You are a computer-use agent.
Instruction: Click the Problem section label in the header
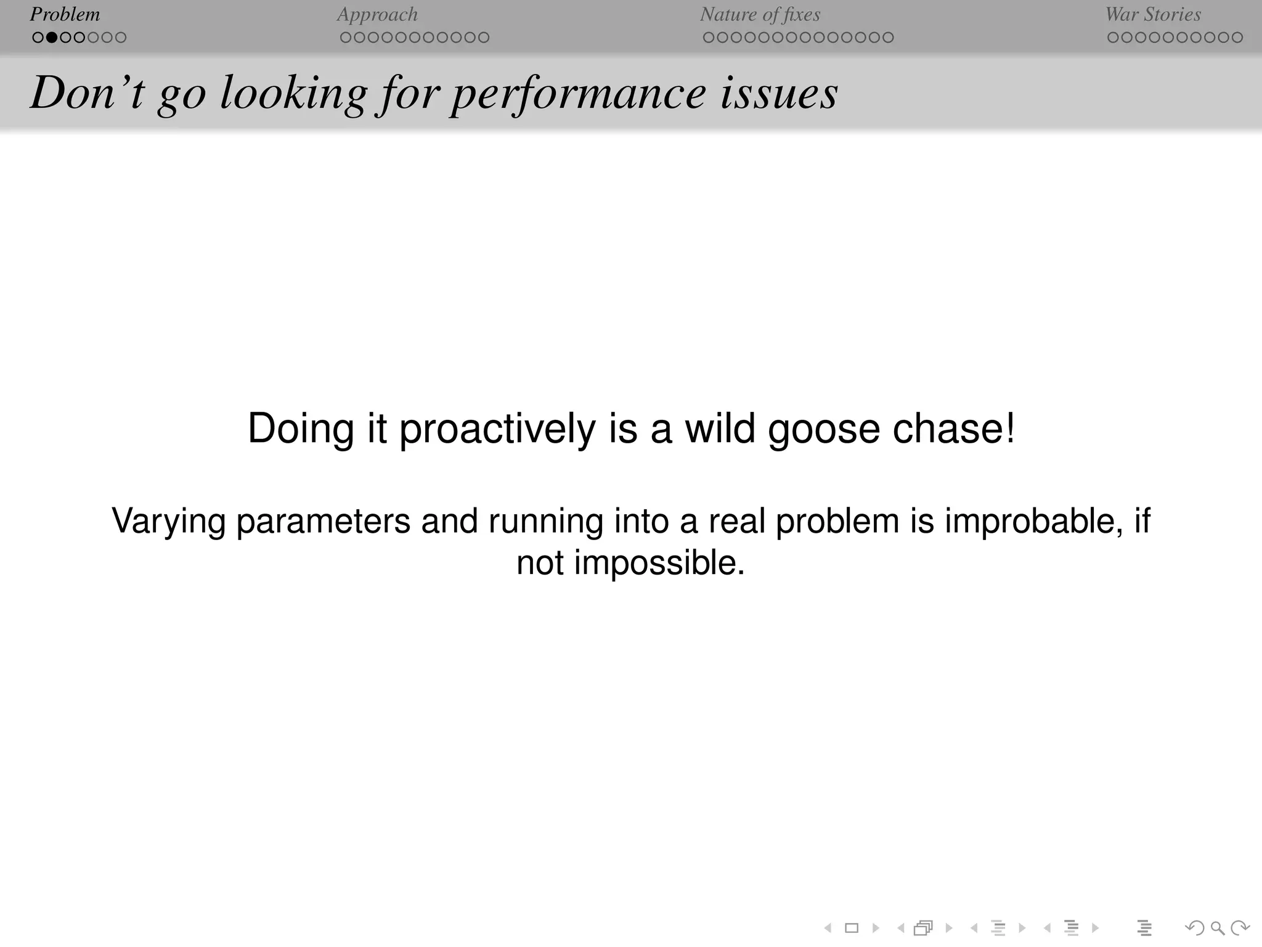click(x=65, y=14)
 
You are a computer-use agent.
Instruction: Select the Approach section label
click(x=377, y=14)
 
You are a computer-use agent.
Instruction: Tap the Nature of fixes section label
click(x=760, y=14)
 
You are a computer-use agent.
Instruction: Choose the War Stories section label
click(x=1153, y=14)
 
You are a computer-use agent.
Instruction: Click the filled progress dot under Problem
click(x=52, y=38)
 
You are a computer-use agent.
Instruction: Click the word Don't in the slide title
click(x=87, y=92)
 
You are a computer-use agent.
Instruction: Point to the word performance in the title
click(x=578, y=94)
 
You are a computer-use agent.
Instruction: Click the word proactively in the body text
click(x=497, y=429)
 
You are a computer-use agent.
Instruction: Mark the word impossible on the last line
click(x=659, y=563)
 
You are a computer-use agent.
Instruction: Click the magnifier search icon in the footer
click(x=1217, y=927)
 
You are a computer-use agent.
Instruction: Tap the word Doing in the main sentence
click(x=301, y=429)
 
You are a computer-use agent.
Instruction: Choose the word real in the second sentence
click(x=736, y=521)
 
